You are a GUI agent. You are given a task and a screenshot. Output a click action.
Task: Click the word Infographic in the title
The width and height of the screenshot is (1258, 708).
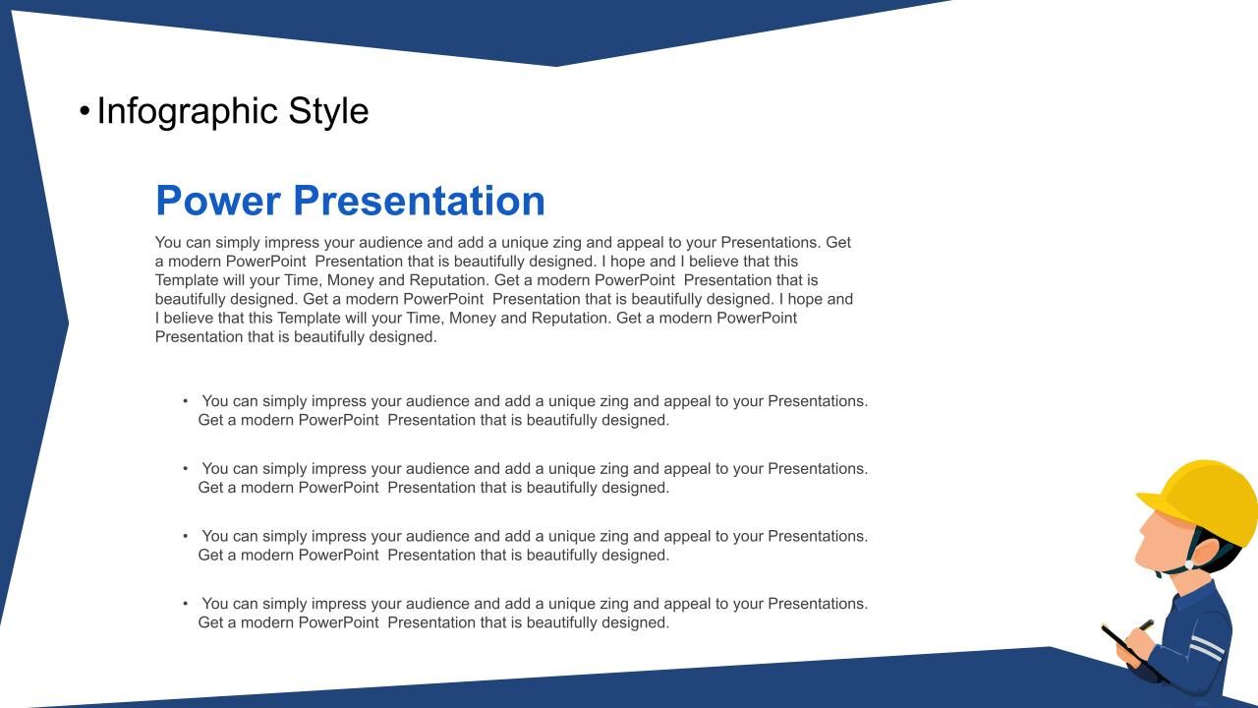coord(188,112)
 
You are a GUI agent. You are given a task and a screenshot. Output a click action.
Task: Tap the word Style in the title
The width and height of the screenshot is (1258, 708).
coord(328,111)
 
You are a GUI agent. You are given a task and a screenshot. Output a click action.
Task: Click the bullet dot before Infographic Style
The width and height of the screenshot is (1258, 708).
coord(85,111)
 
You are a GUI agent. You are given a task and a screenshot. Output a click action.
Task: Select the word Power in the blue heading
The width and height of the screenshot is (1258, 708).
coord(218,201)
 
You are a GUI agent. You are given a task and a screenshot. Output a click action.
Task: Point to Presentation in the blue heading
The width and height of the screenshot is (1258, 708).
coord(419,201)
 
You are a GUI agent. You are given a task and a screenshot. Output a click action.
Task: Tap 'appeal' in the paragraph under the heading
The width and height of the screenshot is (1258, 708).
coord(640,243)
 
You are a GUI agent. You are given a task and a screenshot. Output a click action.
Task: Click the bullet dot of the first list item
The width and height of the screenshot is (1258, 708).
coord(186,401)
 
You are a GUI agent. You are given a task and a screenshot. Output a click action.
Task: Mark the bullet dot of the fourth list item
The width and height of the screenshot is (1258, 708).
coord(186,604)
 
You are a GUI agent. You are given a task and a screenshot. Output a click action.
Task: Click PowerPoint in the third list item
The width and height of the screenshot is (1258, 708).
coord(338,555)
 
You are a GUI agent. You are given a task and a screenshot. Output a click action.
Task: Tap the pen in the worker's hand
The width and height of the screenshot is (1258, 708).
coord(1146,625)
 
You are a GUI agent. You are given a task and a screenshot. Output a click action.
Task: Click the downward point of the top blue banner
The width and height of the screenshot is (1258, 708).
coord(557,66)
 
